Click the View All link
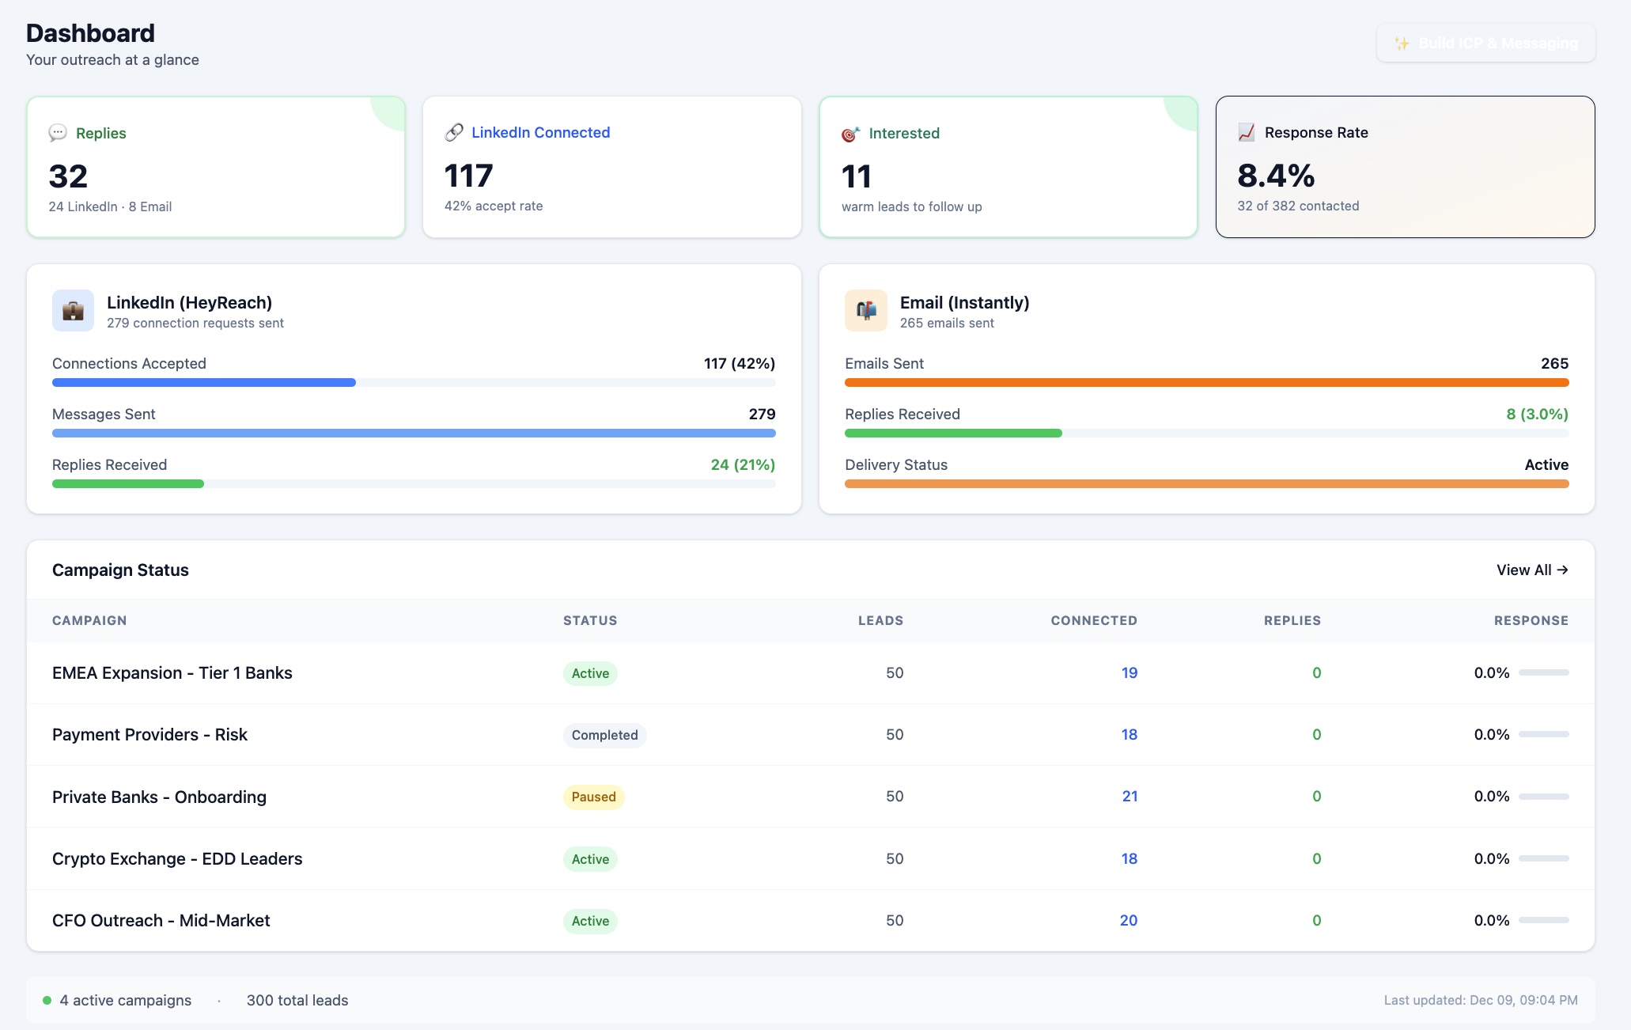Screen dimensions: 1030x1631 (x=1531, y=570)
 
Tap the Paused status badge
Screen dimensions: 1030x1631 (x=593, y=797)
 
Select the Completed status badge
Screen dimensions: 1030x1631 (x=604, y=735)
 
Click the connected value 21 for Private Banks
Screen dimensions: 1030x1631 (x=1130, y=796)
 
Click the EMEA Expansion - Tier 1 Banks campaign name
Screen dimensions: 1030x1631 (x=172, y=672)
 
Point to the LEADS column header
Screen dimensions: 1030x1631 (x=880, y=620)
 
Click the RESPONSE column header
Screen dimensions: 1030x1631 (x=1531, y=620)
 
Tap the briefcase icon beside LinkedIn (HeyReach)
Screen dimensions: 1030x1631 (x=73, y=311)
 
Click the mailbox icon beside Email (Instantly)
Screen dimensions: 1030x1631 (x=866, y=311)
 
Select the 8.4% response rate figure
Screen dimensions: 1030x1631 (x=1276, y=176)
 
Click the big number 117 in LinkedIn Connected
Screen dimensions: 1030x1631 (x=468, y=176)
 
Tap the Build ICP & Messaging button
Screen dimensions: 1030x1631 (x=1485, y=43)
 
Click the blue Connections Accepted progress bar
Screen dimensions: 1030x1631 (x=204, y=382)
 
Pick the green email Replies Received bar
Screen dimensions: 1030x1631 (x=952, y=433)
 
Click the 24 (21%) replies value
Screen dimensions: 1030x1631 (x=742, y=464)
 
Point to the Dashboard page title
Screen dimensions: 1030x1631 (x=90, y=33)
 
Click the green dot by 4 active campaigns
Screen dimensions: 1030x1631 (x=47, y=1000)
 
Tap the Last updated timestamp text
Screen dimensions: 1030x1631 (x=1480, y=1000)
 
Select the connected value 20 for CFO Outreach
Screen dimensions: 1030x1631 (x=1128, y=920)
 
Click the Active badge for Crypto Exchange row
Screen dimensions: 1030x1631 (x=590, y=859)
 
